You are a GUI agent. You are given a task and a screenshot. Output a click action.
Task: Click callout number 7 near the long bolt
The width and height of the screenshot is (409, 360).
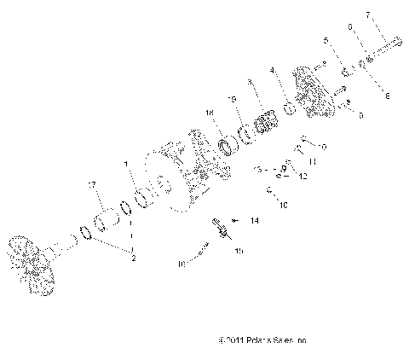point(391,15)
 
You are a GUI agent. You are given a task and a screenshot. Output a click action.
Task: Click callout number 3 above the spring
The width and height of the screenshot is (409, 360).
point(249,82)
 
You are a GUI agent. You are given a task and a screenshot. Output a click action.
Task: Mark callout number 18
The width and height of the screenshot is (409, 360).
point(208,113)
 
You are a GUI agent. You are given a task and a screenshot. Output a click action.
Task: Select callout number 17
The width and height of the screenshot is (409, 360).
point(89,184)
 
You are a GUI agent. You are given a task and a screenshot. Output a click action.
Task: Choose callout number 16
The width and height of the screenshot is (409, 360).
point(181,264)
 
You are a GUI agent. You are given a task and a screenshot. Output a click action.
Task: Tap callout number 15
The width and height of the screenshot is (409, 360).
point(239,251)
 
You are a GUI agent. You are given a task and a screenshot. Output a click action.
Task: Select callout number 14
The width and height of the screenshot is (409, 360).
point(253,220)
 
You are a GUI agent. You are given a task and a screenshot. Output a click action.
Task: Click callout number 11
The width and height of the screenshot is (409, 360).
point(312,160)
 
